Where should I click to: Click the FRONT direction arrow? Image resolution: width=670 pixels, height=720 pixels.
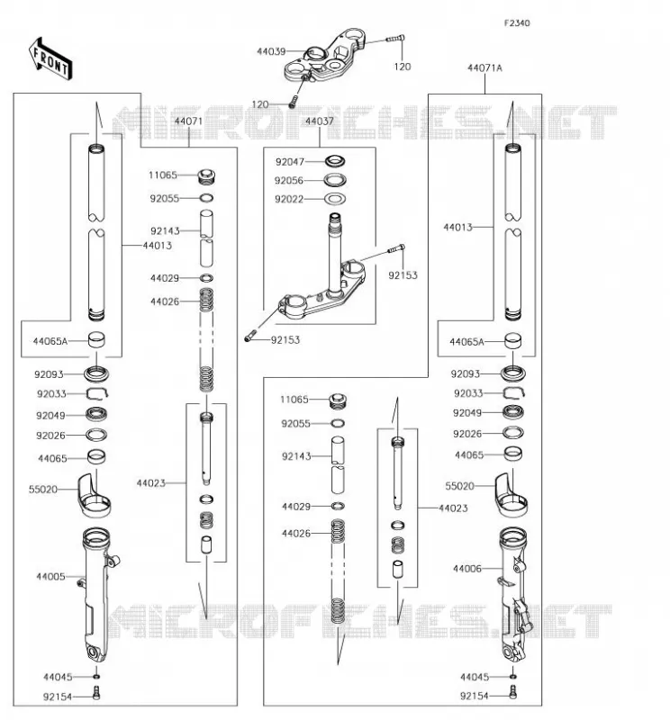(50, 59)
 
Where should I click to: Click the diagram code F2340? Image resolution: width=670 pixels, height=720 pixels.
(517, 23)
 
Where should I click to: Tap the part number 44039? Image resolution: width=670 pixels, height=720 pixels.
(271, 51)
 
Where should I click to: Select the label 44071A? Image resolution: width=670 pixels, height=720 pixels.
(484, 68)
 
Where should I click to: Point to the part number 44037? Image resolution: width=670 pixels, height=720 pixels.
(320, 121)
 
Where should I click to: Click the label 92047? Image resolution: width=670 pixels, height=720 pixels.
(290, 162)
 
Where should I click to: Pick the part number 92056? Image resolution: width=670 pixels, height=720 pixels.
(289, 181)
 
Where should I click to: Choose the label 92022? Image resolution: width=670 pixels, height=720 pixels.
(289, 199)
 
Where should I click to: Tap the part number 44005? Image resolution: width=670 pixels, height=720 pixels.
(50, 576)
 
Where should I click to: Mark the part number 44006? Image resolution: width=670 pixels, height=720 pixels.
(467, 569)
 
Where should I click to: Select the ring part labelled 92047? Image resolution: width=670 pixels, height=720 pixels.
(335, 161)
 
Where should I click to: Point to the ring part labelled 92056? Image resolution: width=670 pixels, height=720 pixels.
(335, 180)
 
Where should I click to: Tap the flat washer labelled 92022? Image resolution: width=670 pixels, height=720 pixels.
(335, 199)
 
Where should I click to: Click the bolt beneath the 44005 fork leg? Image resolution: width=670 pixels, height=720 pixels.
(96, 692)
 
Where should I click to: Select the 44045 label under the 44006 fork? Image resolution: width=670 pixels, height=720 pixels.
(475, 677)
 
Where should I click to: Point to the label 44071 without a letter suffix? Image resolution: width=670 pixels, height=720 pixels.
(188, 121)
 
